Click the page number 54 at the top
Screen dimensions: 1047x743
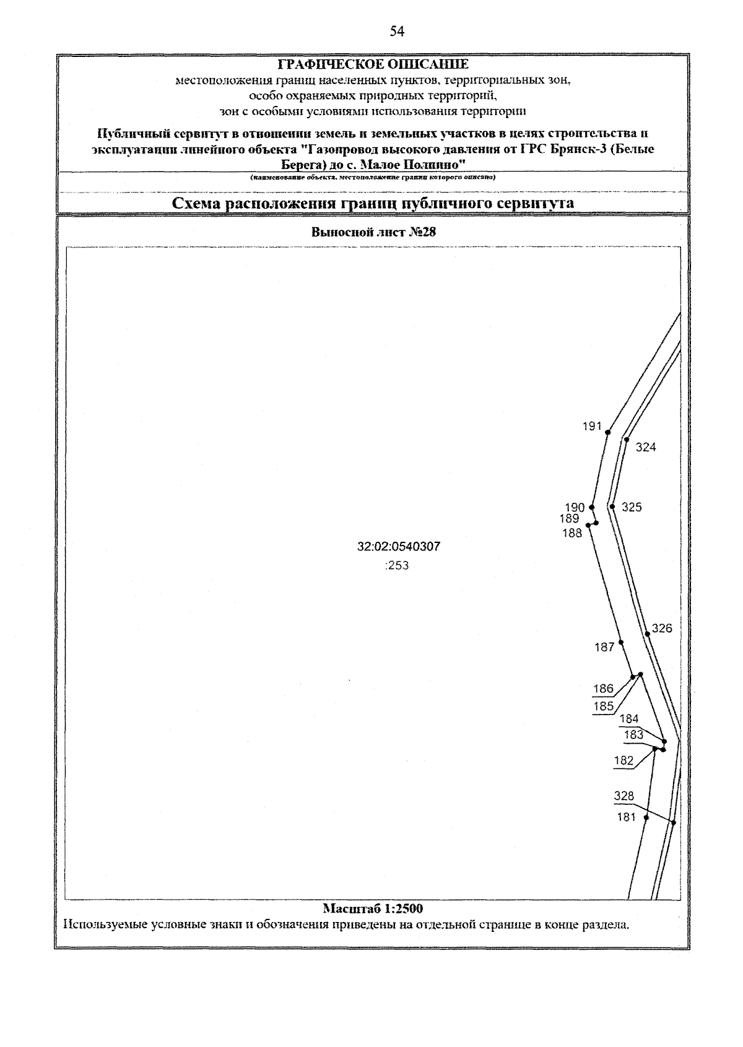pyautogui.click(x=397, y=32)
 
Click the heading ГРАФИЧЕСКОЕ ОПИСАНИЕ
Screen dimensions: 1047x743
pyautogui.click(x=372, y=64)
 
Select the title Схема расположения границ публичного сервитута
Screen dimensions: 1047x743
pyautogui.click(x=372, y=203)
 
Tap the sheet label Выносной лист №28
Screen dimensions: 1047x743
pyautogui.click(x=372, y=233)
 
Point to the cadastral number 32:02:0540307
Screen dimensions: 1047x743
pyautogui.click(x=399, y=547)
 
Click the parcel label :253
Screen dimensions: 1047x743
pyautogui.click(x=397, y=565)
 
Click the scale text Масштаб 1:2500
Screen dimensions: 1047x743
pyautogui.click(x=372, y=909)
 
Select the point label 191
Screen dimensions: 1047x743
pyautogui.click(x=592, y=426)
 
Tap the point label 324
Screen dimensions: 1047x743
pyautogui.click(x=645, y=447)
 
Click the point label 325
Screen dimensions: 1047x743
pyautogui.click(x=632, y=507)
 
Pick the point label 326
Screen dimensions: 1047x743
pyautogui.click(x=662, y=628)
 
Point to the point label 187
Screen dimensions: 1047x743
pyautogui.click(x=604, y=648)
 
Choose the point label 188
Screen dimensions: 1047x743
pyautogui.click(x=572, y=533)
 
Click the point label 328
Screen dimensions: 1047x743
pyautogui.click(x=624, y=796)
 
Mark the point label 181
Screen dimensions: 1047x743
pyautogui.click(x=627, y=817)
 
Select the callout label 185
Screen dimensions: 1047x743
pyautogui.click(x=603, y=706)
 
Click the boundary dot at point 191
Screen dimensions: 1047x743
pyautogui.click(x=608, y=432)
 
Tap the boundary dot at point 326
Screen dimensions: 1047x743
pyautogui.click(x=647, y=633)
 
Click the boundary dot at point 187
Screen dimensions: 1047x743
pyautogui.click(x=621, y=643)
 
